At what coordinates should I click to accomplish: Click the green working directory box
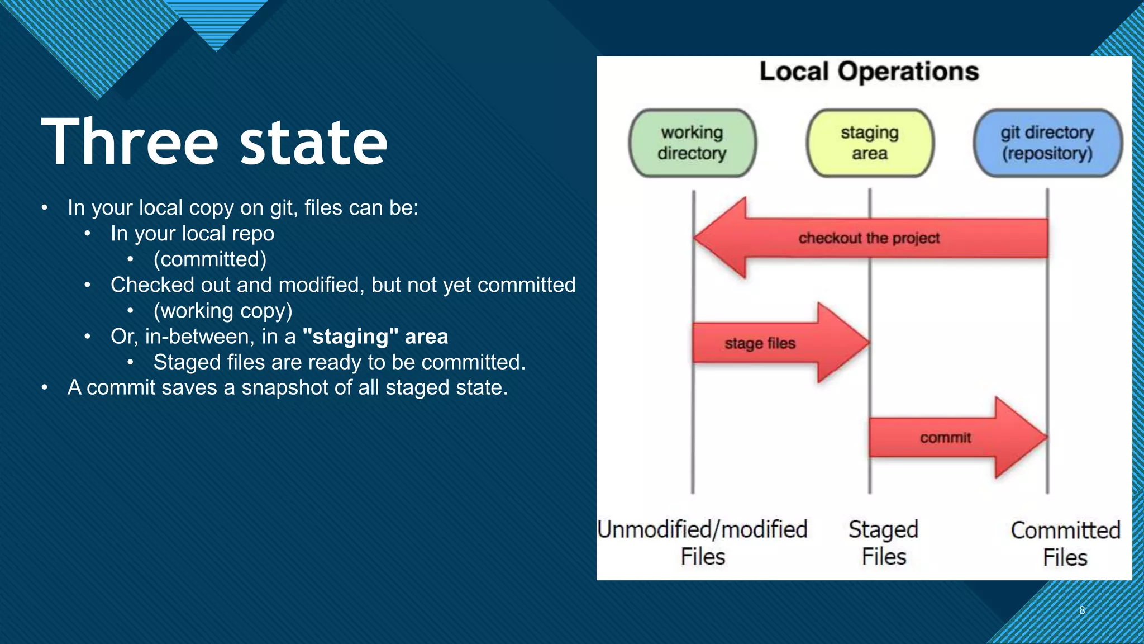pos(692,143)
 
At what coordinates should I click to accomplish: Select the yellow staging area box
pos(870,143)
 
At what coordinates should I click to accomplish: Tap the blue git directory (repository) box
pos(1047,143)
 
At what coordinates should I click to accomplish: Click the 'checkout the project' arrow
pos(869,238)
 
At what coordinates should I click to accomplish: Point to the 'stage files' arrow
pos(771,343)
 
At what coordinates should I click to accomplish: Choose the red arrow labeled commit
pos(950,438)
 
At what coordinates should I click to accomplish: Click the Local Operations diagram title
pos(869,72)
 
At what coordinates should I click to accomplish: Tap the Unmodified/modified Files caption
pos(703,542)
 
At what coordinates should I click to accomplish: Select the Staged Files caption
pos(883,542)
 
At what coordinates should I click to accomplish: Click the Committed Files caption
pos(1065,543)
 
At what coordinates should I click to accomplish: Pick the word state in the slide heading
pos(313,143)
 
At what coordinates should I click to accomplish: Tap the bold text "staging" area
pos(375,337)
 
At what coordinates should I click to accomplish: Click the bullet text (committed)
pos(210,259)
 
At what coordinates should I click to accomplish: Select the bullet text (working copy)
pos(223,311)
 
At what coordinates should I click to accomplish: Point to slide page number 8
pos(1082,610)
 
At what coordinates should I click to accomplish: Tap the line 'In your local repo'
pos(192,234)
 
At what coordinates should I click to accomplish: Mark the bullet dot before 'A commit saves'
pos(44,387)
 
